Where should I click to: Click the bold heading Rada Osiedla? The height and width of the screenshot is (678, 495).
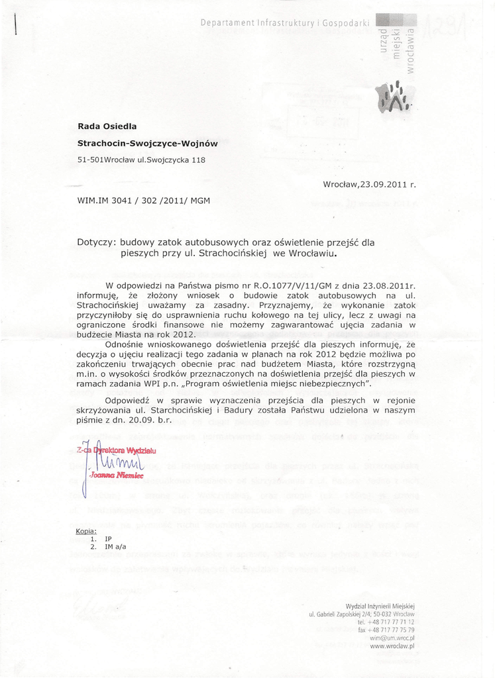(x=107, y=126)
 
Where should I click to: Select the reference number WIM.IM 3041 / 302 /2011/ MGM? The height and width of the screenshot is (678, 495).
(x=144, y=199)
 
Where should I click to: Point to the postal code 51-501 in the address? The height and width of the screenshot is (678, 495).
(x=91, y=160)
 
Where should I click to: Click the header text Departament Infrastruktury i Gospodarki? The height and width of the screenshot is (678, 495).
(x=285, y=23)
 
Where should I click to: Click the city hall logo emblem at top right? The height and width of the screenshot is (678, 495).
(x=394, y=96)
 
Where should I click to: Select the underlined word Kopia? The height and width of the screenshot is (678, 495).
(x=86, y=531)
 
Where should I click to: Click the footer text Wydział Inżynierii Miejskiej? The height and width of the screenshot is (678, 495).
(x=380, y=606)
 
